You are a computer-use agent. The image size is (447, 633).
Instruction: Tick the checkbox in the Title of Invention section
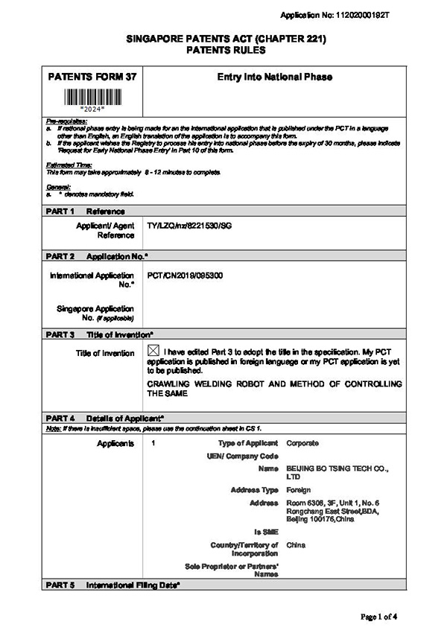153,351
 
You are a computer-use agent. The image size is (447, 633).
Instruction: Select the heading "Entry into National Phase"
274,77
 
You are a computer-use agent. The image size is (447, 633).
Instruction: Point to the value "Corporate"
302,443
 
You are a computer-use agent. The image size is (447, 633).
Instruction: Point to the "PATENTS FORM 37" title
89,77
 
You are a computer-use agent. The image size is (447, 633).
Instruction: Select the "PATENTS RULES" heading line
223,50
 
